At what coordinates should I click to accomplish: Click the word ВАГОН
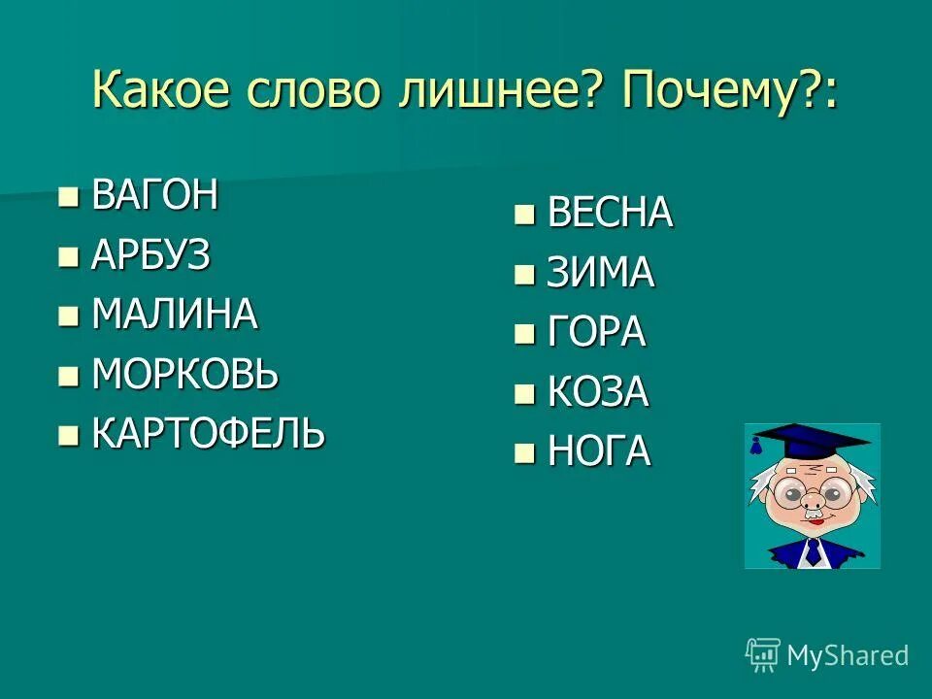click(154, 196)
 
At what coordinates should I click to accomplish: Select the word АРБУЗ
click(150, 255)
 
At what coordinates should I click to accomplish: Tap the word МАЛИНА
click(174, 315)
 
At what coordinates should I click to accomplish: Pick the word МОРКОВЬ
click(184, 374)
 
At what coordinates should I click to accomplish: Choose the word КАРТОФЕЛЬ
click(208, 434)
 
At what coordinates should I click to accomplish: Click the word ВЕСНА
click(610, 214)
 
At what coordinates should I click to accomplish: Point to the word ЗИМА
click(600, 274)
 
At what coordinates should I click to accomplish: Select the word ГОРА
click(596, 333)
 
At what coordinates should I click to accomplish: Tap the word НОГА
click(598, 452)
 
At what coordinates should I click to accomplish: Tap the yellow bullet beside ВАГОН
click(68, 198)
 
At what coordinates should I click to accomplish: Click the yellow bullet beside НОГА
click(524, 452)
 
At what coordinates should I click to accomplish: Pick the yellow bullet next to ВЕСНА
click(524, 214)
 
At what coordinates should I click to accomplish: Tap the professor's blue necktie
click(812, 552)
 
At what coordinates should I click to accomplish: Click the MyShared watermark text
click(847, 656)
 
